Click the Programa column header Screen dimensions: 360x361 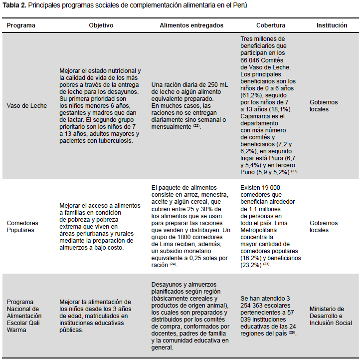pos(21,25)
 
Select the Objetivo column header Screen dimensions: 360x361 pos(101,25)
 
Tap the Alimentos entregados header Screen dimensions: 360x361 pos(191,25)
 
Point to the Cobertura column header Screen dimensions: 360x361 pos(271,25)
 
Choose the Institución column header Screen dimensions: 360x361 pos(332,25)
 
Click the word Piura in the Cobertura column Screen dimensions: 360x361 pos(290,157)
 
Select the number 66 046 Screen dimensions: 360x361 pos(253,60)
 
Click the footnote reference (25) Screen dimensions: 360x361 pos(292,333)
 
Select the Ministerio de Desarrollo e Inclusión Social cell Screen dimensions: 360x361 pos(331,316)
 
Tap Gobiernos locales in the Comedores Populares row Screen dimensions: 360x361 pos(324,226)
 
